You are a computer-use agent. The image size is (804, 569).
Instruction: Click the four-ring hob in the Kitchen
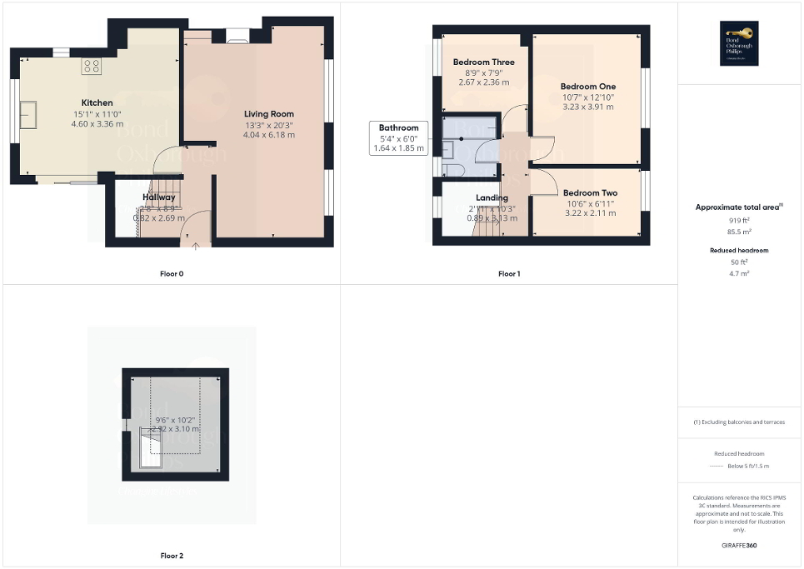92,65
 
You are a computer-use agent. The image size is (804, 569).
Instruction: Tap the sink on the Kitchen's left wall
27,111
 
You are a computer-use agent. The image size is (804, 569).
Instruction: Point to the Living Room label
268,114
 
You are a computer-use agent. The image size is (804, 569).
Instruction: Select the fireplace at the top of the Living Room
237,36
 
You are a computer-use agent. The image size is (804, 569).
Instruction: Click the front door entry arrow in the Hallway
196,244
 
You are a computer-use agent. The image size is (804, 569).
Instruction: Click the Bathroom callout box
398,138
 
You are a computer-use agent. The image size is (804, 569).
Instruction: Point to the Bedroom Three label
483,62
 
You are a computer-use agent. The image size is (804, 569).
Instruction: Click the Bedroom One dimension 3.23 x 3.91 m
588,107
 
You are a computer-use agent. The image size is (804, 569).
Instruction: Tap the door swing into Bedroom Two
542,179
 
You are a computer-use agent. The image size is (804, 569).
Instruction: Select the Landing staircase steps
487,223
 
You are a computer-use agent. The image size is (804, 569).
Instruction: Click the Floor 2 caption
172,555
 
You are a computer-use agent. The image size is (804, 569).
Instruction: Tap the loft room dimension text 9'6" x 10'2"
173,420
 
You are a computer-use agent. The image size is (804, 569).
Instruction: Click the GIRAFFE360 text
740,546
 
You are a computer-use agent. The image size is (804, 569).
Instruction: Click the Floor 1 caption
509,273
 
